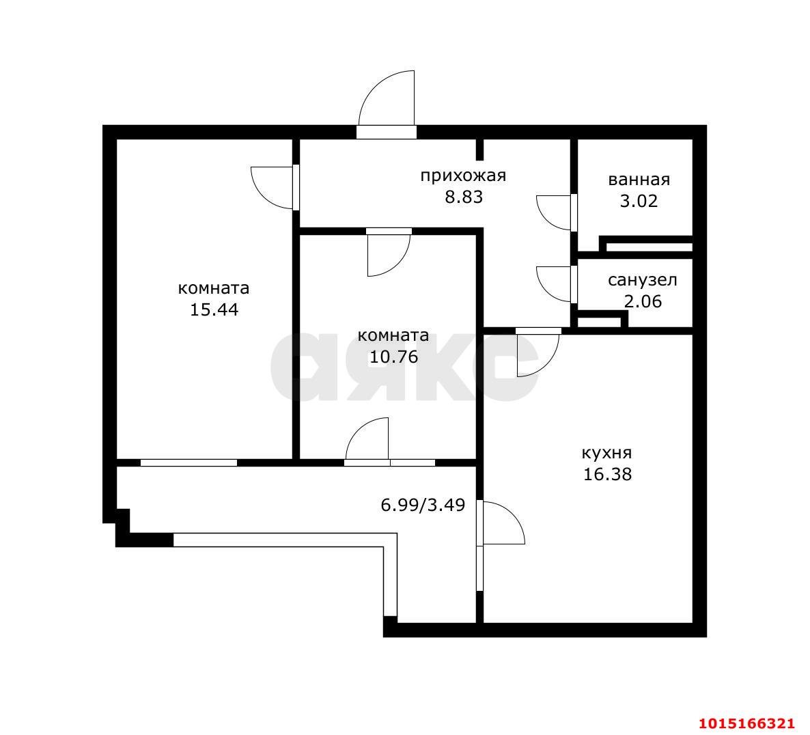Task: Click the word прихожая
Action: pos(463,176)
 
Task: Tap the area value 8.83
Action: pos(464,197)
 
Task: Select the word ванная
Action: pos(639,180)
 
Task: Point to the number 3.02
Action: pos(639,200)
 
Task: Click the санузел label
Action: pos(642,281)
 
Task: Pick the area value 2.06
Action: pos(643,301)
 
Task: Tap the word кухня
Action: pos(607,453)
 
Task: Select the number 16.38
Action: pos(607,474)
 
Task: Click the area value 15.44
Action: pos(214,309)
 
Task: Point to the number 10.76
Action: pos(393,357)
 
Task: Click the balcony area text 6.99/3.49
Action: pos(423,505)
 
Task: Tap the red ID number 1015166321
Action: pos(746,723)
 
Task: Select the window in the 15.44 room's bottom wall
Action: pos(188,463)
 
